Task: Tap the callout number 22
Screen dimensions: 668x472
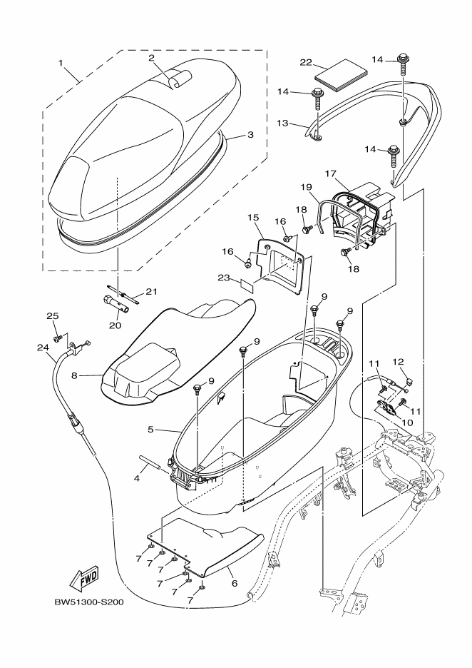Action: point(305,63)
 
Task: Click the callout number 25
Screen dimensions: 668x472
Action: point(52,316)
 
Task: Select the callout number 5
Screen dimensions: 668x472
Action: point(150,429)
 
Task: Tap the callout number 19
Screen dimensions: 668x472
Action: point(305,187)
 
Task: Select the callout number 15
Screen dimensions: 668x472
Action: point(252,216)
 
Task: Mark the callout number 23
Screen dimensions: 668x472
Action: point(224,278)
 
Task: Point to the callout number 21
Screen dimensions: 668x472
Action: point(150,290)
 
